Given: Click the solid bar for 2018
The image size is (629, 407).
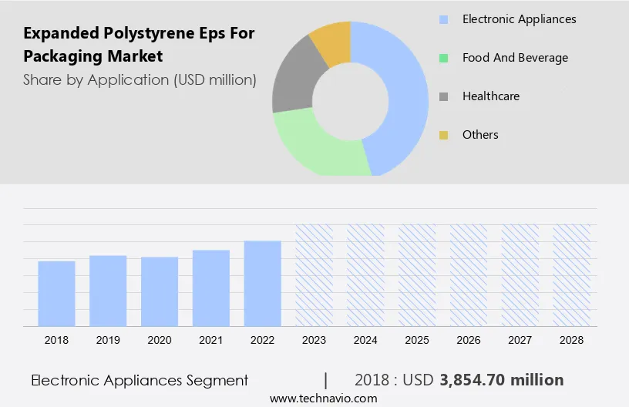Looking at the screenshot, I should coord(56,294).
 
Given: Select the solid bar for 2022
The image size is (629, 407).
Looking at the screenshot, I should coord(263,284).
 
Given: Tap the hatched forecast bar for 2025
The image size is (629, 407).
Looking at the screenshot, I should coord(417,275).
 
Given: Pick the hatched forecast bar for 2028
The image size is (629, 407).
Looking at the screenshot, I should coord(572,275).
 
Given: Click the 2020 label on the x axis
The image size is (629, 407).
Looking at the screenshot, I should coord(160,340).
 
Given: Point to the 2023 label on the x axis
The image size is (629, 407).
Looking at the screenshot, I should coord(314,340).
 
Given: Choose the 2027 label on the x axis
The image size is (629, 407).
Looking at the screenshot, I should coord(520,340).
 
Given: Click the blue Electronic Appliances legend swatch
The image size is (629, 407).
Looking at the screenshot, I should coord(443,19).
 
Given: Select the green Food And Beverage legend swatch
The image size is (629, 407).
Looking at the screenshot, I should coord(443,58).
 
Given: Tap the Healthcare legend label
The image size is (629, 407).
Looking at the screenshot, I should coord(490,96).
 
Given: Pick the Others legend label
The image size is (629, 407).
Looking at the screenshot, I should coord(480,135).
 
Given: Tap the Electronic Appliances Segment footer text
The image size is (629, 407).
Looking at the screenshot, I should coord(140,380).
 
